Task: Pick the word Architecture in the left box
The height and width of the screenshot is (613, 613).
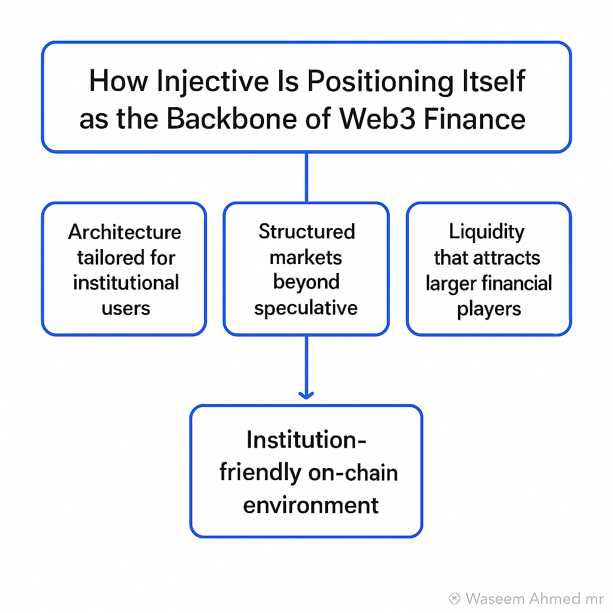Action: tap(125, 232)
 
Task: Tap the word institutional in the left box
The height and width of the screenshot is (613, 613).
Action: tap(126, 283)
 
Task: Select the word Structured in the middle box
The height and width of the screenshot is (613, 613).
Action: tap(306, 232)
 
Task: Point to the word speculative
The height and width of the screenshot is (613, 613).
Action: tap(306, 308)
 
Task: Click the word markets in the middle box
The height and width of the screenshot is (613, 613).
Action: tap(306, 257)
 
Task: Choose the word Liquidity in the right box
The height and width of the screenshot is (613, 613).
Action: tap(487, 232)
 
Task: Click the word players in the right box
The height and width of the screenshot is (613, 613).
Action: tap(489, 309)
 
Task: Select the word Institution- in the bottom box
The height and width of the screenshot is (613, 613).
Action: tap(306, 441)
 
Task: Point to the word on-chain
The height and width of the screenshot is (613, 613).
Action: tap(353, 473)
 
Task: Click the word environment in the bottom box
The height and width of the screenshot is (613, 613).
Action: tap(311, 505)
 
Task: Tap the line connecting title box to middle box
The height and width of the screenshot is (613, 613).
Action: tap(306, 177)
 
